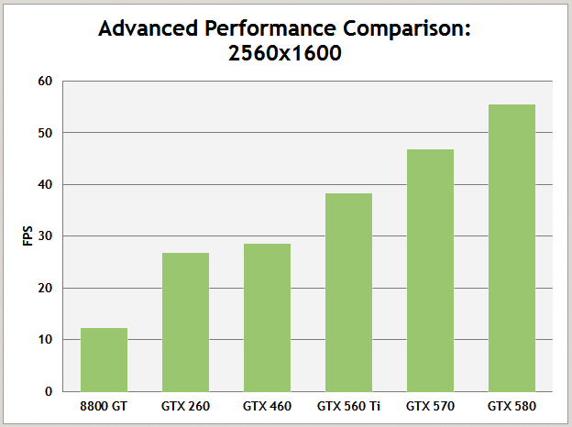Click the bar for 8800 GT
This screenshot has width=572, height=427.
[104, 359]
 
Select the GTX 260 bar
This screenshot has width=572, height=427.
[185, 322]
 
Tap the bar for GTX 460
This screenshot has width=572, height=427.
[267, 317]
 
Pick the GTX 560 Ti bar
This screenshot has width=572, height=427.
[348, 292]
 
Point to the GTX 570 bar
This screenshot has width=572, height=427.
[430, 270]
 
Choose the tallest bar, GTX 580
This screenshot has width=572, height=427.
[511, 247]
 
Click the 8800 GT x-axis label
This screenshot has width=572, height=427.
[104, 405]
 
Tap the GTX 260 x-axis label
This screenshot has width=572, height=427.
[185, 405]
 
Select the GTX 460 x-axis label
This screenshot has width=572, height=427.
[267, 405]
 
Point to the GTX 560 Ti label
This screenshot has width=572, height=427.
[348, 405]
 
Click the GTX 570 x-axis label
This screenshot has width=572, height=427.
[430, 405]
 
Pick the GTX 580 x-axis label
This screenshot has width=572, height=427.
[511, 405]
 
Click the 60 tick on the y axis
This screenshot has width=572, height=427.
[46, 82]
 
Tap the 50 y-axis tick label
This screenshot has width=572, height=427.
[46, 133]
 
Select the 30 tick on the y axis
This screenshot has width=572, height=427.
[46, 236]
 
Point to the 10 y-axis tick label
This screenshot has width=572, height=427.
[46, 340]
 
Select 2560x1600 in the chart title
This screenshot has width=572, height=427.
[285, 53]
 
